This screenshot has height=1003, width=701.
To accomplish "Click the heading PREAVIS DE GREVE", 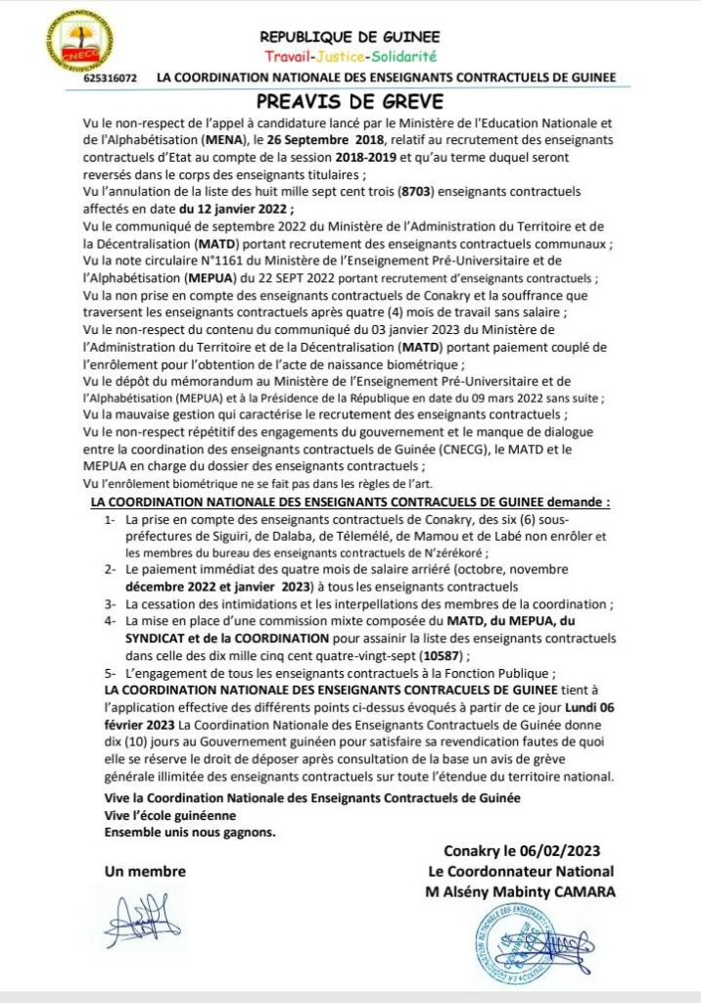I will coord(350,102).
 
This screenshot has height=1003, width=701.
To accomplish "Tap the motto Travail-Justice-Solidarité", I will coord(350,57).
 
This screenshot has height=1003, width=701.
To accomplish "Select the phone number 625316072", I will coord(111,77).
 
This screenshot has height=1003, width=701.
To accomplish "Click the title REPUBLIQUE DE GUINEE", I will coord(350,37).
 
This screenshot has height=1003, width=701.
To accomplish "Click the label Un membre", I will coord(145,871).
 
